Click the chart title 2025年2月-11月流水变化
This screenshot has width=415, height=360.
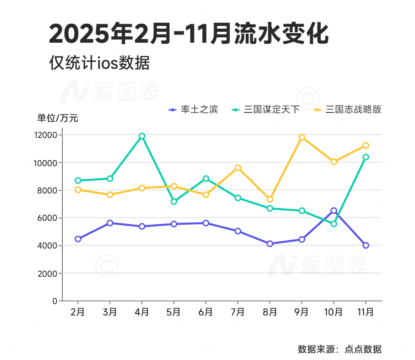188,34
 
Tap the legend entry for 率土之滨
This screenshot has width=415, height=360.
193,110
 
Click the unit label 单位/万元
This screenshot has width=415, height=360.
58,118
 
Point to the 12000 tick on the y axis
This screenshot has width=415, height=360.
45,135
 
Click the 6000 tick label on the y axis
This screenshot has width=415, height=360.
47,218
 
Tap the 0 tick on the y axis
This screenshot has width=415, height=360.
55,301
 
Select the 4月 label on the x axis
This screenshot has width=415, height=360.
142,312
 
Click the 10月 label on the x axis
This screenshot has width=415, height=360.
334,312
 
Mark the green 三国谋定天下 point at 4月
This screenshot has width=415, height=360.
142,136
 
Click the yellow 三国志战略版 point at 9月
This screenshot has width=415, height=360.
302,137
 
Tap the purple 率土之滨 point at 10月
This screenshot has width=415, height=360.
334,211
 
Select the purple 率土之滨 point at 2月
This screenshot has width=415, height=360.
78,239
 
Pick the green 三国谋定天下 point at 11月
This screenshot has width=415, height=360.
365,157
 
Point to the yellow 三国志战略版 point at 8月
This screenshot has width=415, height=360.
270,199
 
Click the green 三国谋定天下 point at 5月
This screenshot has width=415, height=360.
174,201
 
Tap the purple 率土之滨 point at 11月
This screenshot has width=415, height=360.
365,245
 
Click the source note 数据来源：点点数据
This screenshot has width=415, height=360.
339,350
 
